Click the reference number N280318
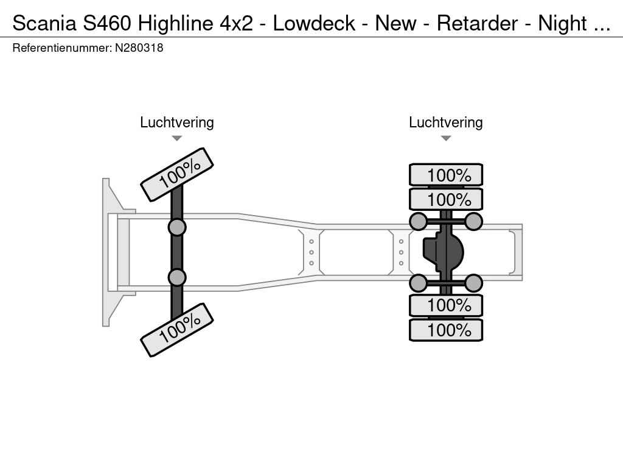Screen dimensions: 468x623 click(139, 48)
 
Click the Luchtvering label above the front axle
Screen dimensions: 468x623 click(177, 122)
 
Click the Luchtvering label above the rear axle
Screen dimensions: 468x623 click(446, 122)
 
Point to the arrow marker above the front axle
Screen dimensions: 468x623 click(177, 138)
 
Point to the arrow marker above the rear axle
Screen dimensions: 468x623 click(446, 138)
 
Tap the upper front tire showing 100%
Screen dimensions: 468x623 click(177, 174)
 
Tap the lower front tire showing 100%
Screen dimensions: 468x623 click(177, 330)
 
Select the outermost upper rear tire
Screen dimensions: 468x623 click(446, 175)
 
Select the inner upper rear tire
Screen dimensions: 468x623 click(446, 199)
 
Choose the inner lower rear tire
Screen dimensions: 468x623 click(446, 305)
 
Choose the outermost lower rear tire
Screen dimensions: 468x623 click(446, 330)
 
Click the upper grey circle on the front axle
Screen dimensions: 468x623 click(177, 227)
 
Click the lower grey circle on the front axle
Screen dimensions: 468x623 click(177, 277)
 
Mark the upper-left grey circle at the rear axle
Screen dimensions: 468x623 click(418, 221)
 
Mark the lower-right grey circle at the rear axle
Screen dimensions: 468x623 click(473, 283)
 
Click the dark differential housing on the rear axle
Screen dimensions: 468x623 click(444, 252)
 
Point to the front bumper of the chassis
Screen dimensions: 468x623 click(110, 252)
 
